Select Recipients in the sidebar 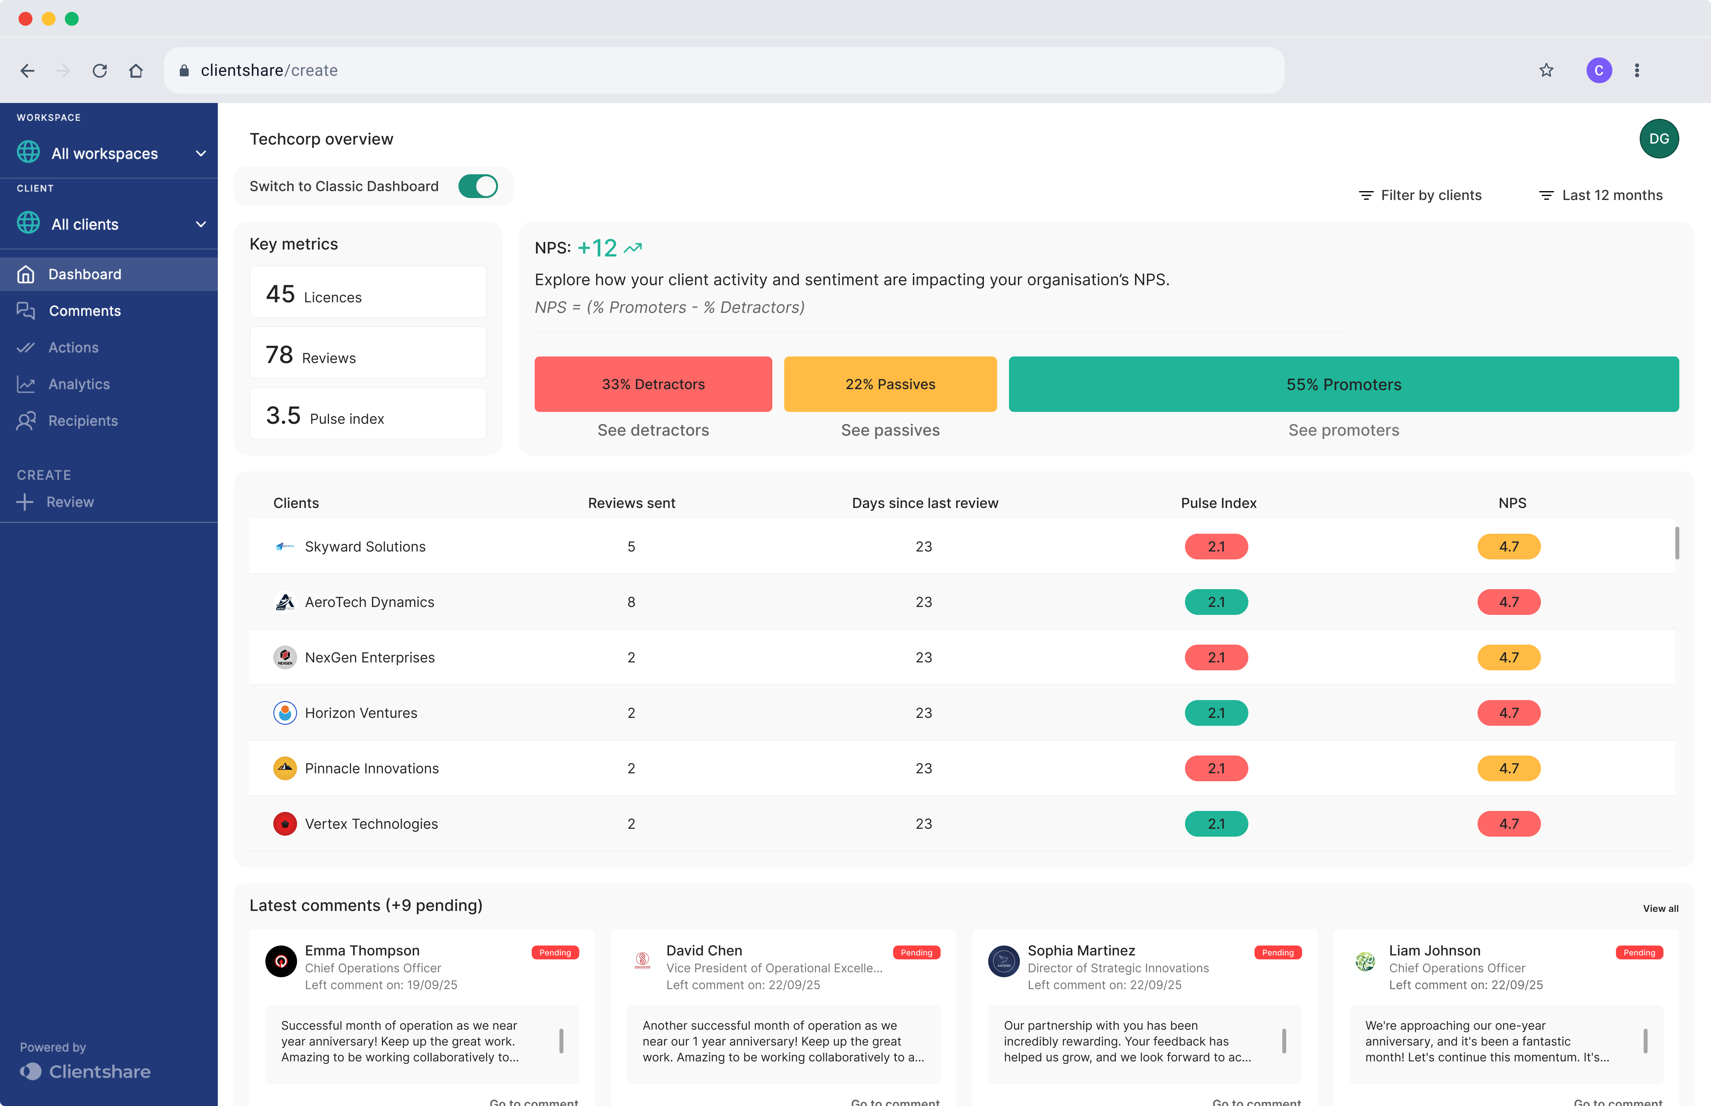point(83,421)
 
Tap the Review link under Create point(70,502)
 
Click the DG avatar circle point(1659,139)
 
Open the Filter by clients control point(1420,195)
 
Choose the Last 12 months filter point(1601,195)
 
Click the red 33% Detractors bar point(653,384)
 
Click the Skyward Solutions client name point(365,547)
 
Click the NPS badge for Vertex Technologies point(1509,824)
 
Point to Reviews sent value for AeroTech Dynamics point(631,602)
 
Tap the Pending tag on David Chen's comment point(916,952)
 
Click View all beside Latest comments point(1660,909)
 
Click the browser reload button point(100,70)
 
